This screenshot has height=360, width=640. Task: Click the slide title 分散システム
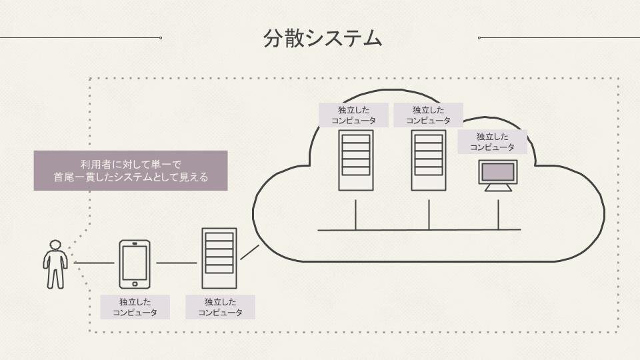(323, 38)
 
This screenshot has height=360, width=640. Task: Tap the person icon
(55, 264)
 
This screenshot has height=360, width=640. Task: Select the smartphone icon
(135, 264)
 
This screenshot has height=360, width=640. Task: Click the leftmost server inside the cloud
(355, 161)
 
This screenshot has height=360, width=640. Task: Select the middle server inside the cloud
(428, 161)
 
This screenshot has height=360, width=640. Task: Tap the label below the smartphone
(135, 307)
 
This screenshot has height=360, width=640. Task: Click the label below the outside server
(220, 307)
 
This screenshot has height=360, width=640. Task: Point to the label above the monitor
(492, 142)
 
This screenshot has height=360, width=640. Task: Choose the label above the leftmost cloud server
(353, 115)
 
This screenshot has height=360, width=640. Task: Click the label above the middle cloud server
(428, 115)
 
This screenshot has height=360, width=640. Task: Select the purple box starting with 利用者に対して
(131, 171)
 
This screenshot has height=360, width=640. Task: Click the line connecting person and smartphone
(95, 263)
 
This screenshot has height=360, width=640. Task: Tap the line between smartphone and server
(177, 263)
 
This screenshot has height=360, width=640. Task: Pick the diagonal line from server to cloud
(249, 252)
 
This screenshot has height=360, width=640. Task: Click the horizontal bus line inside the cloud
(419, 230)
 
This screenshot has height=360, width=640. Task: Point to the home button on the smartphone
(135, 283)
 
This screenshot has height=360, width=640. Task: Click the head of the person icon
(55, 245)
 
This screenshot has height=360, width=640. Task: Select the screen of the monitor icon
(498, 171)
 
